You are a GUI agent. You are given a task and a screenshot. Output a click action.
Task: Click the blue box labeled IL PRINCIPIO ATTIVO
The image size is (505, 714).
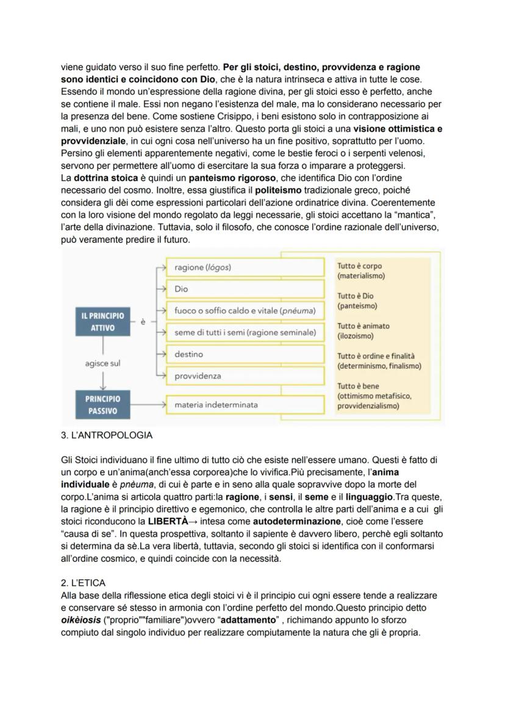102,322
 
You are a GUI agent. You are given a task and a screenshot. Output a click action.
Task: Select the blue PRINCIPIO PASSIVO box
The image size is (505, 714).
102,405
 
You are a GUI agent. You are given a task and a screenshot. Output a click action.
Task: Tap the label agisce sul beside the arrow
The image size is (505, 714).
102,363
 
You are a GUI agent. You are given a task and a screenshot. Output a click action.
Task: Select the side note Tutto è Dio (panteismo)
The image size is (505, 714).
357,301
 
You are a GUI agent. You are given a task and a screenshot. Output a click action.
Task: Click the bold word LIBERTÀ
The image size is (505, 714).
168,522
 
